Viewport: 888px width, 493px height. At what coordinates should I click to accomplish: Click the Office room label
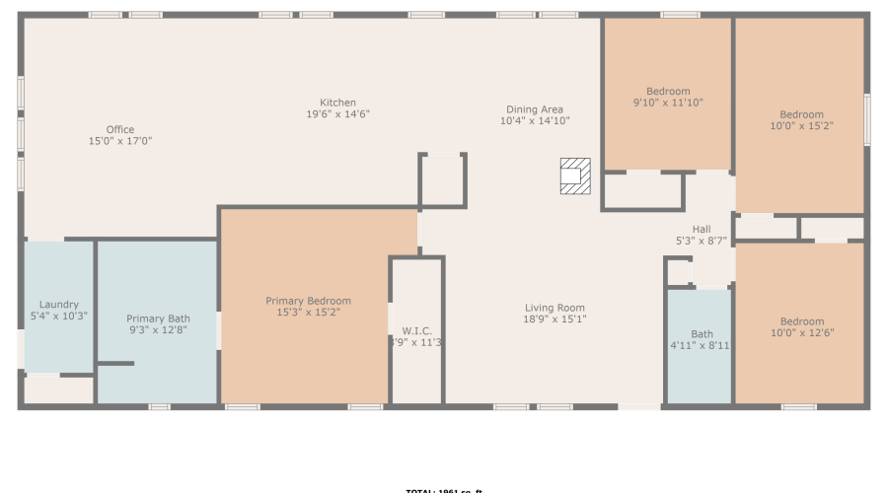120,129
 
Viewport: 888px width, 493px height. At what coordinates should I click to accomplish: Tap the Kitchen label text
337,103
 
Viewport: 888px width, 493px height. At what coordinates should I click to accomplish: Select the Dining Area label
535,109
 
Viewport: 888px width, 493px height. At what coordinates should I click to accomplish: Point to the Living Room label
555,308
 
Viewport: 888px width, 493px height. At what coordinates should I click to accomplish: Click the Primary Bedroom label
308,301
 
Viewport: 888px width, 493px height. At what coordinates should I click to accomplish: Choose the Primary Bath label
158,318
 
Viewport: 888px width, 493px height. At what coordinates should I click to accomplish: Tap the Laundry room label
59,305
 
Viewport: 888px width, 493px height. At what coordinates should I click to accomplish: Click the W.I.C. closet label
417,330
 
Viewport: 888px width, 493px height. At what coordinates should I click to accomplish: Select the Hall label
702,229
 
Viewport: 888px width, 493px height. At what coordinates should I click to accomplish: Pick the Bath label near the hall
702,334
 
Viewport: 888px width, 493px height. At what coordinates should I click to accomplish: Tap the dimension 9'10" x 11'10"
668,103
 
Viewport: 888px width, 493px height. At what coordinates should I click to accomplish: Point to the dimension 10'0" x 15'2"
801,125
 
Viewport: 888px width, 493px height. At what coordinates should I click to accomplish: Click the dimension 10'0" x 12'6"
801,332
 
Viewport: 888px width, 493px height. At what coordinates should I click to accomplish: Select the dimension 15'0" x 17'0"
120,141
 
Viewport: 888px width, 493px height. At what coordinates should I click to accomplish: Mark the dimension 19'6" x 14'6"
337,114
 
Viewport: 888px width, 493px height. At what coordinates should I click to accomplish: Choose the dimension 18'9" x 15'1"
555,319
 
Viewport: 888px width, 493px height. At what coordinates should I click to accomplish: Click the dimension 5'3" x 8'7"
702,241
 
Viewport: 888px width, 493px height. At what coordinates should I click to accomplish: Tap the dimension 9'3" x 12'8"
158,330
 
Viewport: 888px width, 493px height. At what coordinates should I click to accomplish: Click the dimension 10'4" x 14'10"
535,121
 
